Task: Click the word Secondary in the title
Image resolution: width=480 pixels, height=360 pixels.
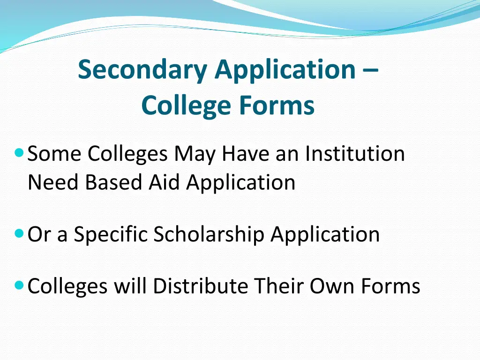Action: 143,70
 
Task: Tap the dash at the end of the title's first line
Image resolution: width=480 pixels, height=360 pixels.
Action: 370,70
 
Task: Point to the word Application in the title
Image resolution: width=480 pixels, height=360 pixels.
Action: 285,70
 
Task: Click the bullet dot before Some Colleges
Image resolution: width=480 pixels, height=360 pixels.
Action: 19,152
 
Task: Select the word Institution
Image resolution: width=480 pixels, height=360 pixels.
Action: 355,154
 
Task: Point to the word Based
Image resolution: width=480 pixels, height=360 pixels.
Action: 114,182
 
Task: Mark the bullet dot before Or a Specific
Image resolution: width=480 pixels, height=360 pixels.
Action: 19,232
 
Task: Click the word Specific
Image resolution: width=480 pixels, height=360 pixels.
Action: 111,234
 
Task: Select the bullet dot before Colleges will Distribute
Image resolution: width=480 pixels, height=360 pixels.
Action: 19,284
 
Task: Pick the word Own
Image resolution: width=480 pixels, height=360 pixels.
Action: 333,285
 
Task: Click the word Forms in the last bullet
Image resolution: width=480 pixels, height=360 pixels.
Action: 391,285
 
